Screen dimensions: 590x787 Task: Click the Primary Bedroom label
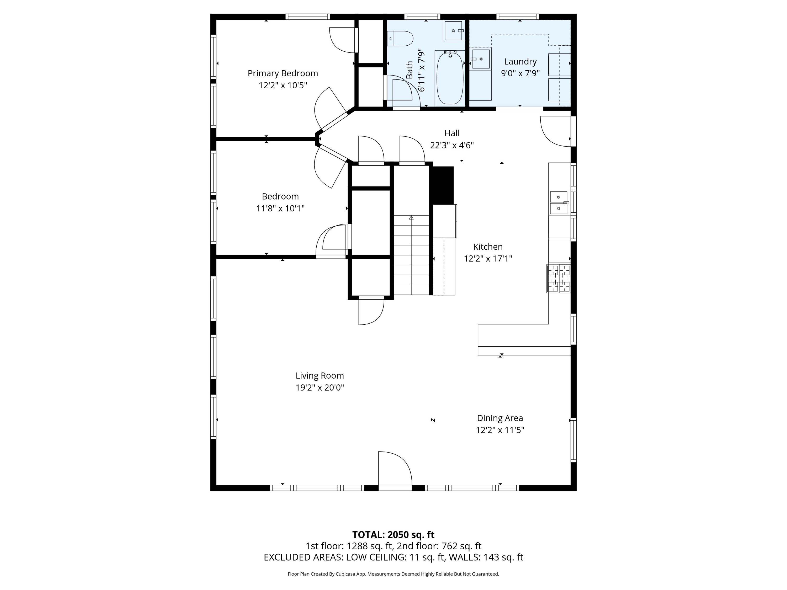pyautogui.click(x=283, y=73)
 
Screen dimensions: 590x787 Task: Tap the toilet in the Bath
pyautogui.click(x=401, y=38)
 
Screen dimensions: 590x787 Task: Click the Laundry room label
pyautogui.click(x=520, y=62)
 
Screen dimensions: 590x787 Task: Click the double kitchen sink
pyautogui.click(x=559, y=203)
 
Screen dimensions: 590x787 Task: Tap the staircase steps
pyautogui.click(x=411, y=260)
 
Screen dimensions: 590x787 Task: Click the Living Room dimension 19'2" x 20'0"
pyautogui.click(x=320, y=388)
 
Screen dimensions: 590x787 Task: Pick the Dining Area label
pyautogui.click(x=500, y=418)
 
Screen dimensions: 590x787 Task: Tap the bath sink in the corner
pyautogui.click(x=454, y=31)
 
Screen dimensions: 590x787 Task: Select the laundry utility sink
pyautogui.click(x=480, y=59)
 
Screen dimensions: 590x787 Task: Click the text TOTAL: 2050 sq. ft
pyautogui.click(x=393, y=534)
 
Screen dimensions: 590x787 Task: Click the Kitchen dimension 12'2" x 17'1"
pyautogui.click(x=488, y=259)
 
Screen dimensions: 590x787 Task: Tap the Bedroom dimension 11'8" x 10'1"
pyautogui.click(x=280, y=208)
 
